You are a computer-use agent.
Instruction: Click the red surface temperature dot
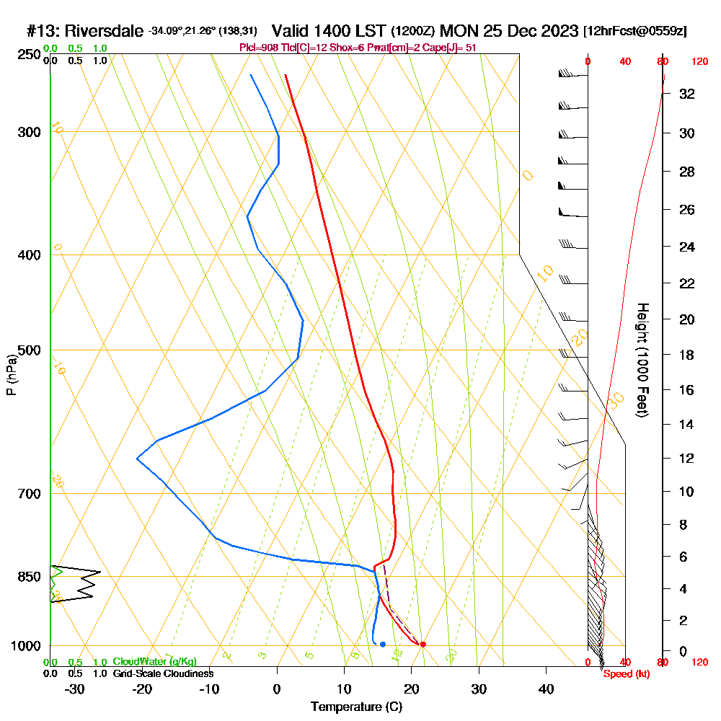[x=423, y=644]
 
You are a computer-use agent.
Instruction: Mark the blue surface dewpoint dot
[x=382, y=644]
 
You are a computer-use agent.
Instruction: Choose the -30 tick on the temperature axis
[x=74, y=689]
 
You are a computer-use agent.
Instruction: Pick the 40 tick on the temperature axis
[x=546, y=689]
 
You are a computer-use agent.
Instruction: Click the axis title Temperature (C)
[x=356, y=707]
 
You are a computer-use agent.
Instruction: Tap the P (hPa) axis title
[x=11, y=375]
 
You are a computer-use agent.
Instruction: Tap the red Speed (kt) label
[x=625, y=673]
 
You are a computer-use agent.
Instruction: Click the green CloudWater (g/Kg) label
[x=154, y=662]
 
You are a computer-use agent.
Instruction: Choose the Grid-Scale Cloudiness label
[x=162, y=673]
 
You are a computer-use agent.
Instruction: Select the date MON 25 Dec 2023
[x=508, y=31]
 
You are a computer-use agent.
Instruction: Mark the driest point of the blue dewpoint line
[x=137, y=459]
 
